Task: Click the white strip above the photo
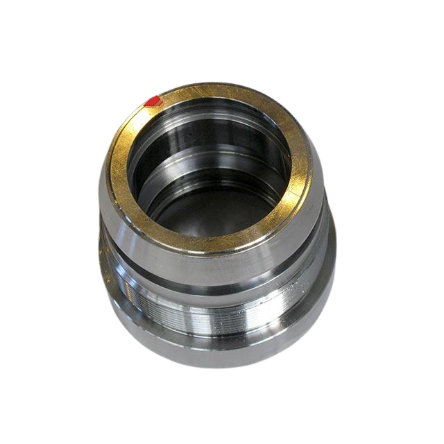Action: pos(222,28)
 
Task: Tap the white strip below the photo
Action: pos(222,416)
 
